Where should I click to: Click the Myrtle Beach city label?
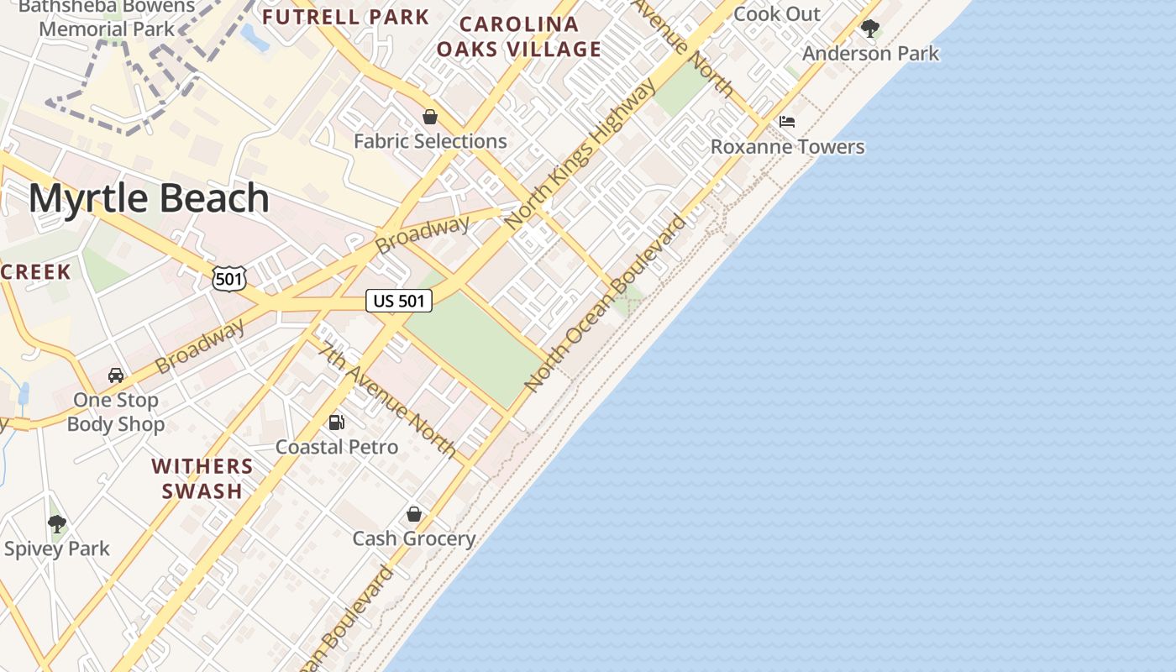coord(149,198)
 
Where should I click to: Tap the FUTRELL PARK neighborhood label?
coord(345,17)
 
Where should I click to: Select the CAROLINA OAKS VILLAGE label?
coord(518,36)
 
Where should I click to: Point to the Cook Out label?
coord(777,14)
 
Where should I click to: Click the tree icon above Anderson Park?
coord(870,29)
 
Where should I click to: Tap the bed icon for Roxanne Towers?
coord(787,122)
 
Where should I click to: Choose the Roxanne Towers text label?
coord(787,147)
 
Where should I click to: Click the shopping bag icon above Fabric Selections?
coord(430,117)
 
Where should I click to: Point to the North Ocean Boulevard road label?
coord(605,303)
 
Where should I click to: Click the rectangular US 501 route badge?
coord(399,301)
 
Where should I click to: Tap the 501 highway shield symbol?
coord(228,278)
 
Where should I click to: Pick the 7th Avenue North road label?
coord(388,402)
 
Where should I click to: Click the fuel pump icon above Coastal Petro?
coord(336,423)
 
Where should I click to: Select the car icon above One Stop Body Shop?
coord(116,375)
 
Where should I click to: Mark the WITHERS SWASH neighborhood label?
coord(202,478)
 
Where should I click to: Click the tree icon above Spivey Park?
coord(57,525)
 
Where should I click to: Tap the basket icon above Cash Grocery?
coord(414,514)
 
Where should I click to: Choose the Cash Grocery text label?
coord(414,538)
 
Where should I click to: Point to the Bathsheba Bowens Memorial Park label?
coord(108,17)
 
